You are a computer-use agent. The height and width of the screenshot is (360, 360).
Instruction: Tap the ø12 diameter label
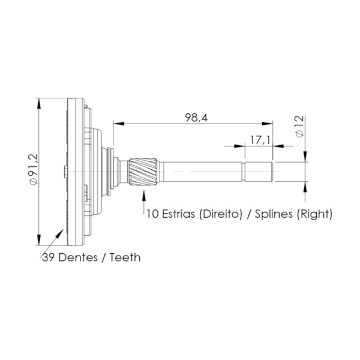299,127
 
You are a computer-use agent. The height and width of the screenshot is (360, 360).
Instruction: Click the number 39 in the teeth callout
48,257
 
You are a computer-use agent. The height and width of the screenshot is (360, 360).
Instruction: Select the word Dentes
80,257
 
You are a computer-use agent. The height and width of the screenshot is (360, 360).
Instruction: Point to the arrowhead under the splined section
144,194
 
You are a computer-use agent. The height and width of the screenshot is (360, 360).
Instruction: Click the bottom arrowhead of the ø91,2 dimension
39,241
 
